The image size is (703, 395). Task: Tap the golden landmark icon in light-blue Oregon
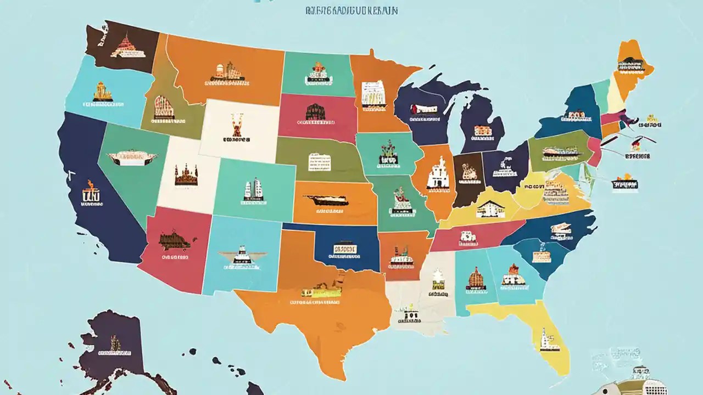[x=102, y=92]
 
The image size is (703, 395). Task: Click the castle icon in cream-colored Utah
[x=185, y=175]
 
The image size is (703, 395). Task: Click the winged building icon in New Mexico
[x=242, y=256]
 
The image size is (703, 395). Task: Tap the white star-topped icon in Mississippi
[x=438, y=278]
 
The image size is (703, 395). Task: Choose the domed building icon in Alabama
[x=476, y=278]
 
